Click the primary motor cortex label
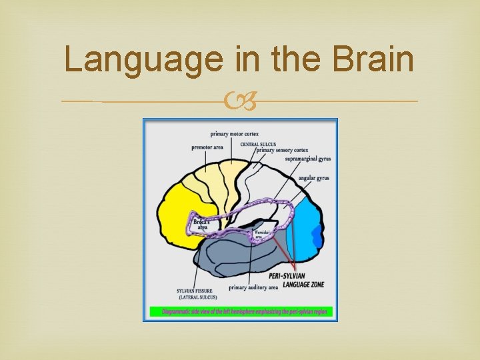tap(234, 134)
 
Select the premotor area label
tap(207, 147)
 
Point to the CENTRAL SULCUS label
tap(258, 144)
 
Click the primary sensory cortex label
tap(282, 151)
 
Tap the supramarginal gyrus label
tap(308, 159)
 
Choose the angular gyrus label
tap(313, 178)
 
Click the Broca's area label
tap(203, 223)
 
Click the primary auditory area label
tap(253, 288)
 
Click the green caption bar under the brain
tap(240, 311)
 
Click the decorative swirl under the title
tap(240, 101)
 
